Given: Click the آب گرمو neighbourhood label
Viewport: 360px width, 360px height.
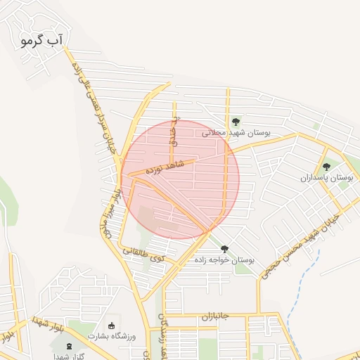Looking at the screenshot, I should point(42,41).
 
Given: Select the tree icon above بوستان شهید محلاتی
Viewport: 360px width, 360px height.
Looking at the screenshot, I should point(236,122).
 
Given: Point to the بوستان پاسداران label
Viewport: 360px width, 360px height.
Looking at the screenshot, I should point(326,179).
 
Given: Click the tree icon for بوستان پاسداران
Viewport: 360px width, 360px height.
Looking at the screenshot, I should point(326,167).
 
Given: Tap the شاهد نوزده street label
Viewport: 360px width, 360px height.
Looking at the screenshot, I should point(164,167).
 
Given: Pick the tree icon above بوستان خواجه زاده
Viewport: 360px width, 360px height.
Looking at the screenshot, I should point(224,249).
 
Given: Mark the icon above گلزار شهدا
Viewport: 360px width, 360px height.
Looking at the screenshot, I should point(69,345).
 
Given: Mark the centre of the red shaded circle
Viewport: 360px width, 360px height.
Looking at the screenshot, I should point(180,180).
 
